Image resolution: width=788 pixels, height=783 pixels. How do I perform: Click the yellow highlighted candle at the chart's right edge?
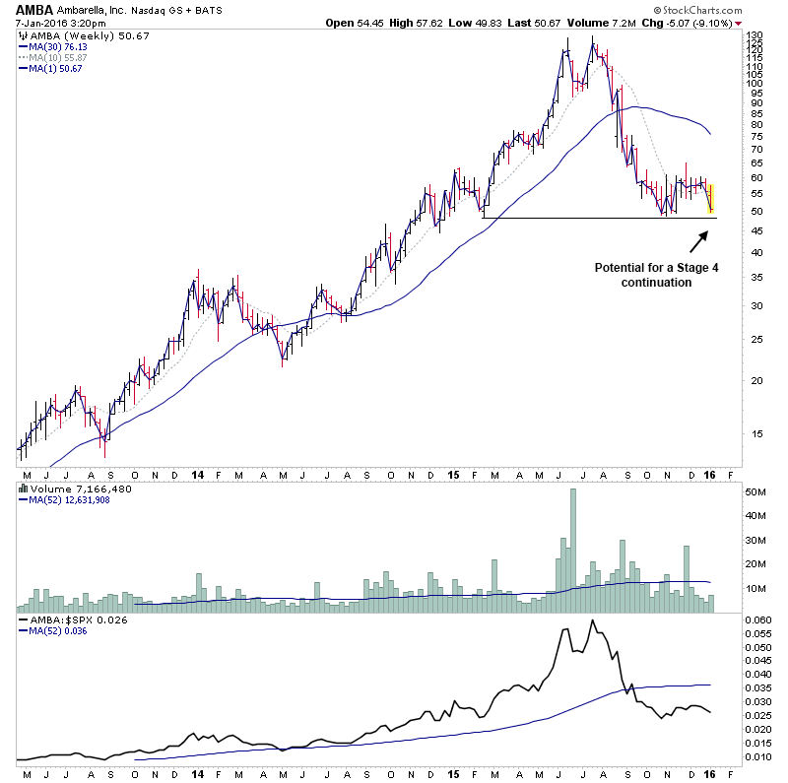pyautogui.click(x=710, y=198)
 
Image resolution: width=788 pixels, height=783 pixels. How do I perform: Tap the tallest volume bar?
pyautogui.click(x=572, y=553)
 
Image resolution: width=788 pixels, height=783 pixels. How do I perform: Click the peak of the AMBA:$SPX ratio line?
pyautogui.click(x=591, y=621)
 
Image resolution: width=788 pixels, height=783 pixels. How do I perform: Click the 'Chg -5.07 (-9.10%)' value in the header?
pyautogui.click(x=689, y=23)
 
